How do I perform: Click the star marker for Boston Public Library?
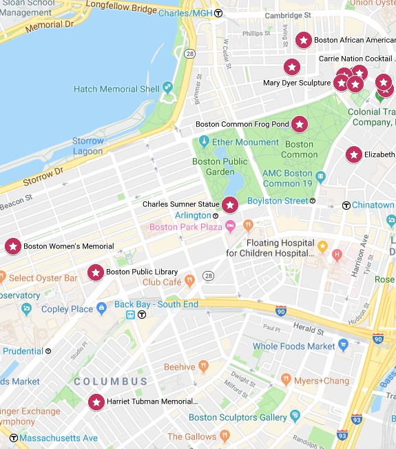(x=96, y=272)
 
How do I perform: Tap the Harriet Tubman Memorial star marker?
(x=96, y=401)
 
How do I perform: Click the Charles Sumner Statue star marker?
(x=229, y=205)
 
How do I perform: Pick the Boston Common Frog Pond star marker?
(x=300, y=124)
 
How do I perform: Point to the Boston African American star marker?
(x=303, y=41)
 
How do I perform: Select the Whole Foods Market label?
(x=293, y=346)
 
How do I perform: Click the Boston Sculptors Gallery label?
(x=238, y=417)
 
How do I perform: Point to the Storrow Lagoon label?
(x=88, y=146)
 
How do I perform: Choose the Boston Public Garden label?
(x=213, y=167)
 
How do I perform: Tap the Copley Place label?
(x=67, y=309)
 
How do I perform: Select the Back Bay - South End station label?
(x=156, y=304)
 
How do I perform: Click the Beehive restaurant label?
(x=179, y=367)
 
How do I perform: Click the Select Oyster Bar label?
(x=43, y=278)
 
